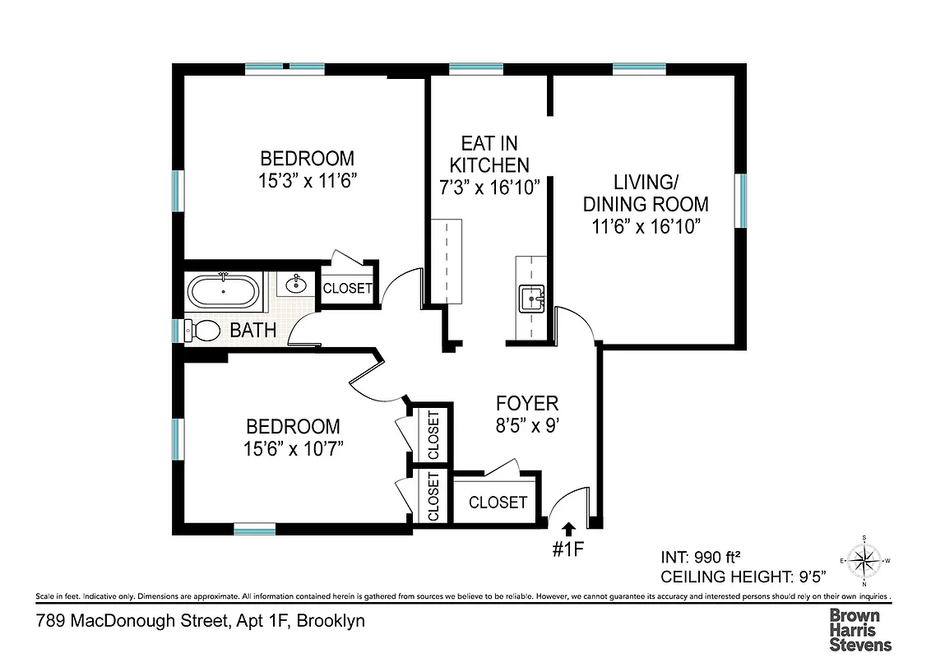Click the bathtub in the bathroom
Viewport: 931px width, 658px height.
pyautogui.click(x=224, y=291)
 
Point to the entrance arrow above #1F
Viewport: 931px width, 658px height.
pyautogui.click(x=567, y=529)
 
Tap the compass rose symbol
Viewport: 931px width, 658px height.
pyautogui.click(x=864, y=561)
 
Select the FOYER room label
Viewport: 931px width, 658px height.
pyautogui.click(x=527, y=404)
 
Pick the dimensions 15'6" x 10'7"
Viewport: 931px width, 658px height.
pyautogui.click(x=293, y=448)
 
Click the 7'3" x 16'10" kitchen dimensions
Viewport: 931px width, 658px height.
pyautogui.click(x=489, y=187)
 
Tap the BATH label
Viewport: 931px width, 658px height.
pyautogui.click(x=252, y=331)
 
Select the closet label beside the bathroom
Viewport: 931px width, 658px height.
pyautogui.click(x=347, y=289)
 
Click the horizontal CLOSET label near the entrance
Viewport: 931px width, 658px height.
pyautogui.click(x=498, y=503)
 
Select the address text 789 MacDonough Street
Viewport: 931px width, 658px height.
pyautogui.click(x=132, y=621)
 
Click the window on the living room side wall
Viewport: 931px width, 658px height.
pyautogui.click(x=741, y=201)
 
